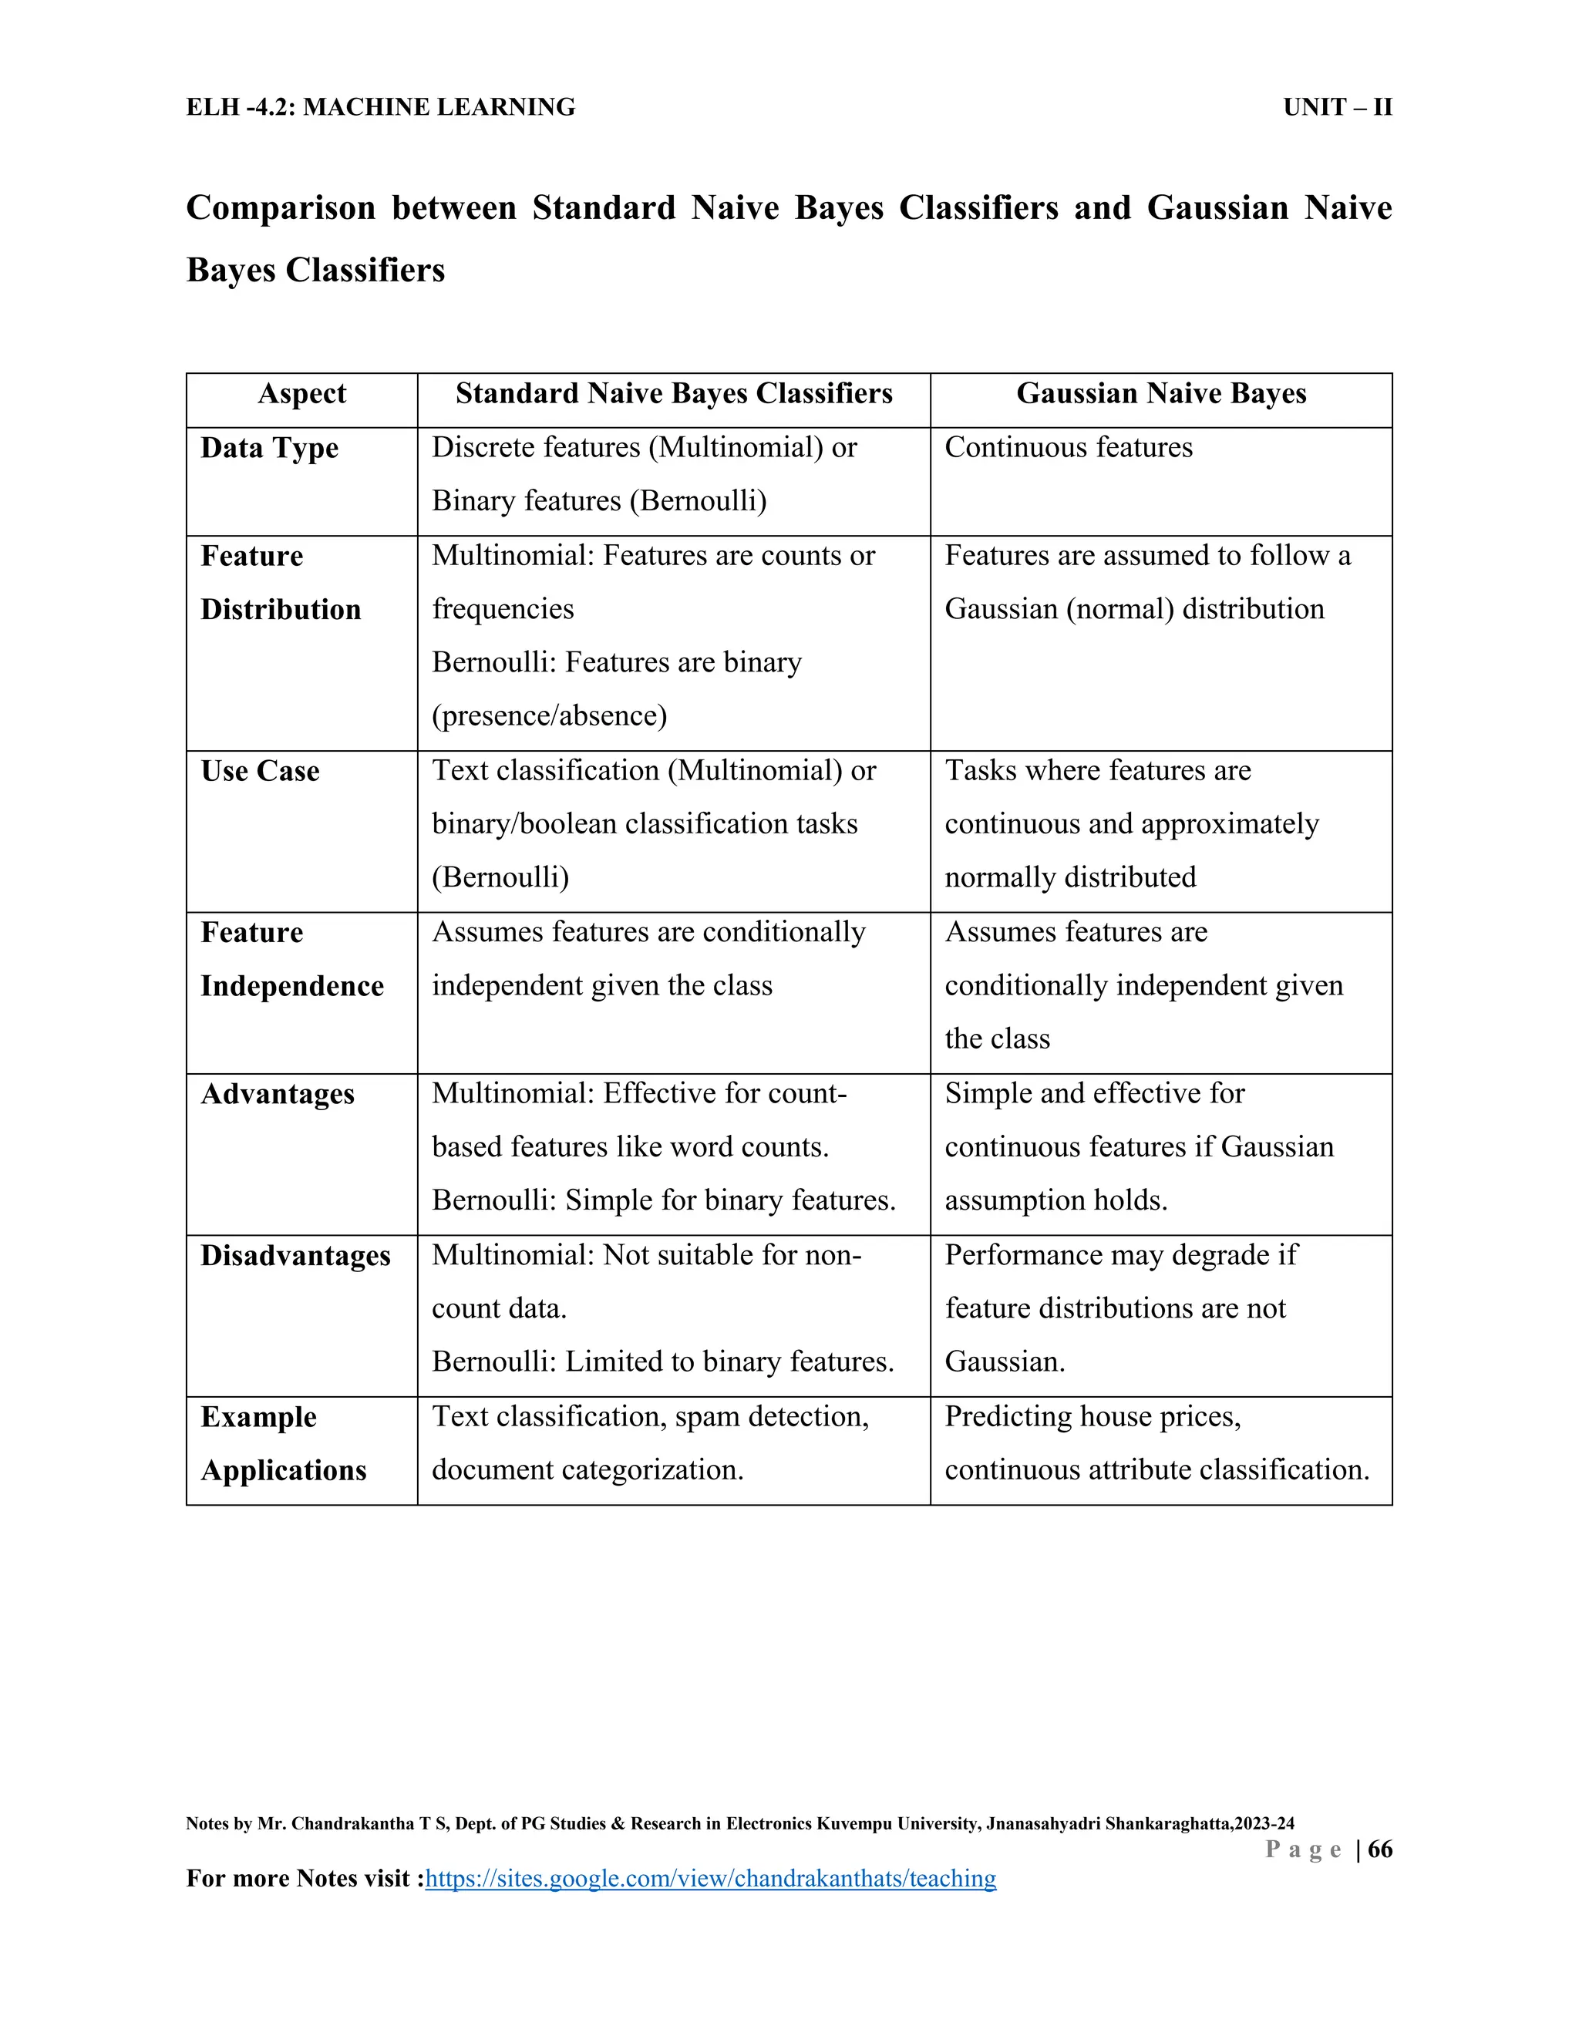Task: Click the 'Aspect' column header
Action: pos(301,394)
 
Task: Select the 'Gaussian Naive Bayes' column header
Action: pos(1161,394)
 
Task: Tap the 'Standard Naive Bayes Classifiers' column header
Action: pos(674,394)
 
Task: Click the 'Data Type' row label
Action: pos(269,448)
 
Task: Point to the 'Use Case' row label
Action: pos(260,771)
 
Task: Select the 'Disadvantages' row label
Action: pos(295,1255)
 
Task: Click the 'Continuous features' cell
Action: pos(1069,447)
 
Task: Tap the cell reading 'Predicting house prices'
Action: pos(1093,1416)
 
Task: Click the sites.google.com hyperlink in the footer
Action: pos(711,1878)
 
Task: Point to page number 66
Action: pos(1380,1849)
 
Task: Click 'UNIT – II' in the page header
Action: pos(1337,108)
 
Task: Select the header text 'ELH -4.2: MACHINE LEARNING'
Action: pos(381,108)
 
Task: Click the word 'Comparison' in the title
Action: pos(281,207)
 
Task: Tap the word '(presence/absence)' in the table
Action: pos(549,715)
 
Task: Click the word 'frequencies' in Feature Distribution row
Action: pos(503,609)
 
